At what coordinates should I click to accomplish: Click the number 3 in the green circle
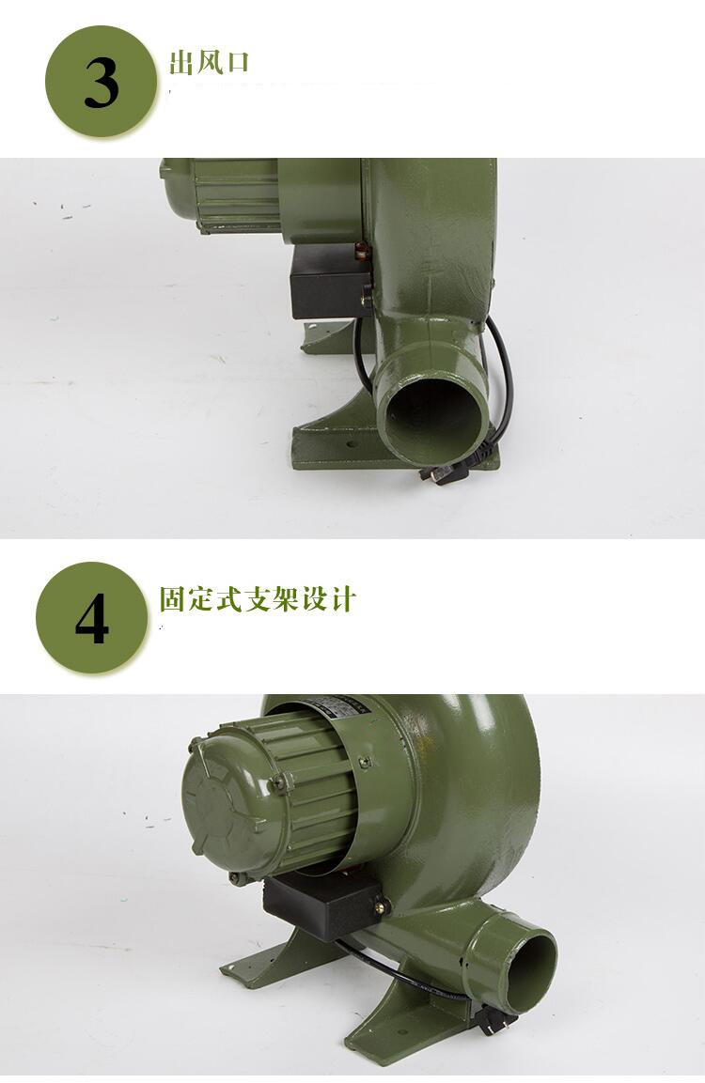click(x=101, y=83)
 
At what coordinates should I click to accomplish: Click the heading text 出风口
click(x=209, y=63)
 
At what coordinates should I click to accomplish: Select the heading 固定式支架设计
click(x=258, y=599)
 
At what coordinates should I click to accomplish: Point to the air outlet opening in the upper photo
click(x=435, y=412)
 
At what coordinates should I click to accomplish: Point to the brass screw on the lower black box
click(x=381, y=906)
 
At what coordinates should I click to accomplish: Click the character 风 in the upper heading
click(x=209, y=63)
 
